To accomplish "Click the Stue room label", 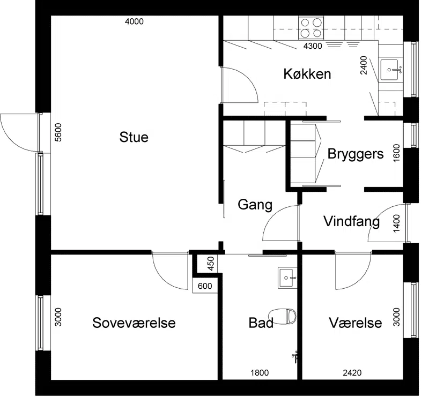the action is tap(134, 137).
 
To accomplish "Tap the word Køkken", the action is tap(307, 74).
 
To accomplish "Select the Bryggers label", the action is tap(356, 154).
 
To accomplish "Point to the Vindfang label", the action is tap(352, 221).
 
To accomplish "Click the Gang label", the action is tap(255, 205).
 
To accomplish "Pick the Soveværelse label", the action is tap(134, 323).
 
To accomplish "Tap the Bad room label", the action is tap(261, 323).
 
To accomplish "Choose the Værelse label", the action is tap(356, 323).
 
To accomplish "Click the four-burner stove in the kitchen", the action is tap(311, 28).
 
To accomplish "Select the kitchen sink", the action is tap(390, 70).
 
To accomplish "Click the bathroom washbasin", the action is tap(287, 278).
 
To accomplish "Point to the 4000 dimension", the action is tap(134, 21).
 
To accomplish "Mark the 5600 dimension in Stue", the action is tap(58, 133).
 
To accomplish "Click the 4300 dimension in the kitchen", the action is tap(313, 46).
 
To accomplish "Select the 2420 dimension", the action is tap(352, 373).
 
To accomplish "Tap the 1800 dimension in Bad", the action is tap(260, 373).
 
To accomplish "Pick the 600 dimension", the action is tap(205, 286).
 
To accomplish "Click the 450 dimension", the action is tap(211, 264).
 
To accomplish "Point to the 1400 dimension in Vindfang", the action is tap(396, 223).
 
